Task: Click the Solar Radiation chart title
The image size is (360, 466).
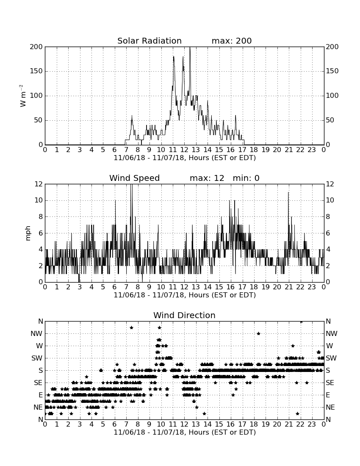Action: (x=150, y=41)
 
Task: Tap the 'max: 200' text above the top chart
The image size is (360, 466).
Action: (x=232, y=41)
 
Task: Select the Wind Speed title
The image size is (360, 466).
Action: (x=135, y=178)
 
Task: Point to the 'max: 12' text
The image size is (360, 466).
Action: (x=207, y=178)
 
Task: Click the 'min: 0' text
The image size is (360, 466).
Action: (x=246, y=178)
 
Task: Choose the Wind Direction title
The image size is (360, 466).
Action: (x=185, y=315)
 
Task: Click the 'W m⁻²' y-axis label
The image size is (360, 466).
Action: (x=23, y=96)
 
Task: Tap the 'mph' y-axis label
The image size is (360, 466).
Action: (x=28, y=233)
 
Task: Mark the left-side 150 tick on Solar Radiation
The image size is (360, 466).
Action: (x=36, y=71)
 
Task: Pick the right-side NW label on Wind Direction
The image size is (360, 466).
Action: (x=332, y=334)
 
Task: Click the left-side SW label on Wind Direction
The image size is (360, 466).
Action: (x=37, y=358)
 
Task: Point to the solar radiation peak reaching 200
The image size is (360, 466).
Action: (x=190, y=47)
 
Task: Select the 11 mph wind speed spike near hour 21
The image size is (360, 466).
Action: (x=288, y=193)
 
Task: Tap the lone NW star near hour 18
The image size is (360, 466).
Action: (x=258, y=333)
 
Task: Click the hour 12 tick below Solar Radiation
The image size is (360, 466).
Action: (x=184, y=150)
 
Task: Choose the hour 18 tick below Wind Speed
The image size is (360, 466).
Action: (x=254, y=287)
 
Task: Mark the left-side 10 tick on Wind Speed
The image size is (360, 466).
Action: (x=39, y=200)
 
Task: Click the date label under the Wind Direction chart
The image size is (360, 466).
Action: (x=185, y=432)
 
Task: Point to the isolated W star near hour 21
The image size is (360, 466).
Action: (x=293, y=346)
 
